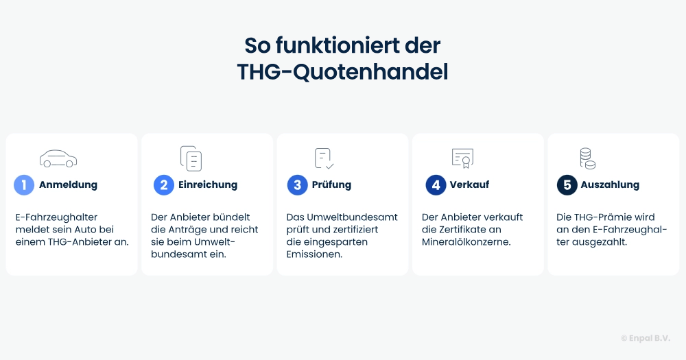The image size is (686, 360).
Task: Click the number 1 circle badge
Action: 24,185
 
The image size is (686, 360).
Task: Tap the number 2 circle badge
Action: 164,185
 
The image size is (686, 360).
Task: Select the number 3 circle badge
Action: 297,185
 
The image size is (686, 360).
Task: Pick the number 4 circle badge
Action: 436,185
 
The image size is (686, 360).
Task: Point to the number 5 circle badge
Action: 567,185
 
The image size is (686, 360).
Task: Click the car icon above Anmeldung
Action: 58,158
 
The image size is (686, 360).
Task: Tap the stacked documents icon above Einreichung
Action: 191,158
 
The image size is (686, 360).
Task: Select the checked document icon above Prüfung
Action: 324,158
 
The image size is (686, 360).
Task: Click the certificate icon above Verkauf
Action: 462,158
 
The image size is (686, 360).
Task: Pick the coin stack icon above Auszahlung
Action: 587,158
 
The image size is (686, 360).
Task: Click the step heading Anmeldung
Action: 68,185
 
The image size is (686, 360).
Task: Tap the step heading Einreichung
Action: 208,185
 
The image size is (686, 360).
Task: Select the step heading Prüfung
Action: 331,185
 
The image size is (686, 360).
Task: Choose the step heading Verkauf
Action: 469,185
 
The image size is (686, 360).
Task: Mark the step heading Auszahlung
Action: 610,185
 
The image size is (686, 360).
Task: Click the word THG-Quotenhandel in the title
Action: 342,72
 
